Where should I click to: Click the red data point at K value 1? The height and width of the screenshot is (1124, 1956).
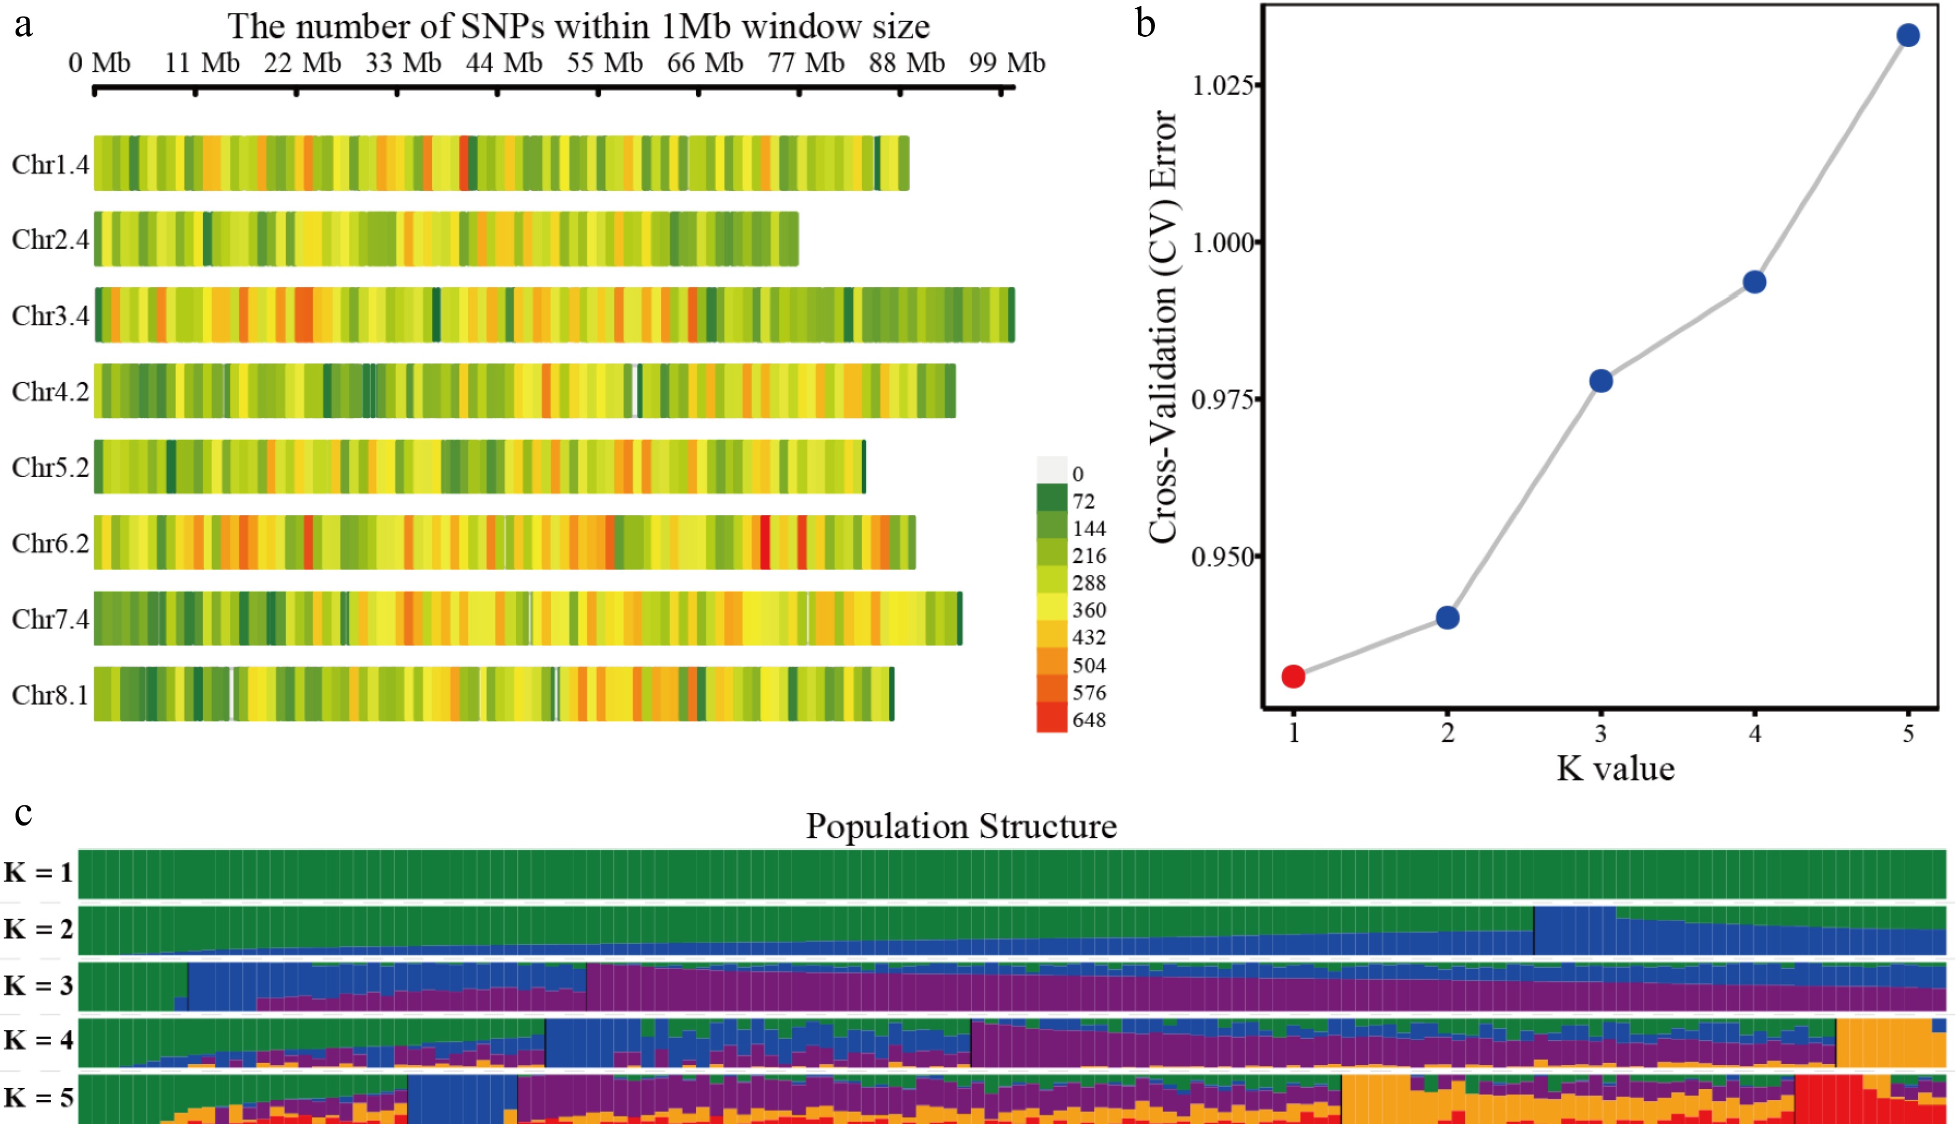click(x=1294, y=676)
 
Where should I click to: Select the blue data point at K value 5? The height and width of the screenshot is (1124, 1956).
click(x=1908, y=36)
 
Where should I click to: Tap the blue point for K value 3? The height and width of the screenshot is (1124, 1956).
click(x=1601, y=381)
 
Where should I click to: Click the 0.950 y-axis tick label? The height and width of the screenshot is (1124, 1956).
click(x=1222, y=556)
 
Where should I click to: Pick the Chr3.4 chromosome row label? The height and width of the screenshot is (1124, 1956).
click(x=50, y=316)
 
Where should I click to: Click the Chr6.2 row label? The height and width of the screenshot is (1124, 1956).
click(x=50, y=544)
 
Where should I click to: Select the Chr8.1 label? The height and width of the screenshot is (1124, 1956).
click(x=50, y=695)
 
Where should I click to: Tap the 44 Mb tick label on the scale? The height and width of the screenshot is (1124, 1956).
click(x=503, y=63)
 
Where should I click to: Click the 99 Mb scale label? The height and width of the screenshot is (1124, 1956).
click(x=1007, y=63)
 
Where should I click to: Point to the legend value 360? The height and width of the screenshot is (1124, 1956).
click(x=1089, y=610)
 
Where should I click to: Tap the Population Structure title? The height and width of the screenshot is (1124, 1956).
click(x=960, y=826)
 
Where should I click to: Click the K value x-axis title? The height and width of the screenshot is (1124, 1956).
click(x=1616, y=769)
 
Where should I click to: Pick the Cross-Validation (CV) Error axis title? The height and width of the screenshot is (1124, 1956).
click(x=1163, y=326)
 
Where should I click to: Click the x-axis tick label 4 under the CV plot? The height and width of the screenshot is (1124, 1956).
click(x=1755, y=732)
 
